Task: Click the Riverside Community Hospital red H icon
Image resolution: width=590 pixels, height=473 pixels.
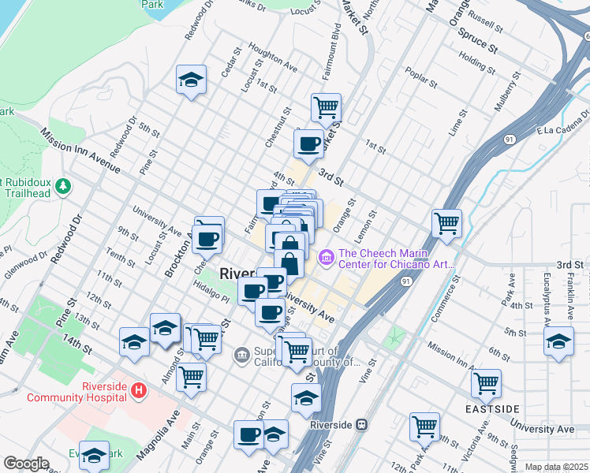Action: point(139,389)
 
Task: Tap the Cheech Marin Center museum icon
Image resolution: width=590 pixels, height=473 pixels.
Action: point(325,258)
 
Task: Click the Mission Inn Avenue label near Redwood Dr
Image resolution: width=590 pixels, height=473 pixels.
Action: point(81,151)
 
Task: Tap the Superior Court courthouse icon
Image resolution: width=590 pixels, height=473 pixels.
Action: point(241,357)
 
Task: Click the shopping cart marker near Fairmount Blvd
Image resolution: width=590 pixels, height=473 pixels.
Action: point(326,106)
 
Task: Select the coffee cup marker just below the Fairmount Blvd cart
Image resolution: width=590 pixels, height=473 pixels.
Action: point(308,143)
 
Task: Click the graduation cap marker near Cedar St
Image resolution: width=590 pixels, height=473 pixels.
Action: point(190,80)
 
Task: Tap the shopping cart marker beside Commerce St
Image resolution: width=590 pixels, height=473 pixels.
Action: point(446,223)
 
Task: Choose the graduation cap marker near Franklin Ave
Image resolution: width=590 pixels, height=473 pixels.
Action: point(558,341)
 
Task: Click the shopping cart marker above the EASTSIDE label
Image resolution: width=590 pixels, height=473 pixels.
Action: point(486,384)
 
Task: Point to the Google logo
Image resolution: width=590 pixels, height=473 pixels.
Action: point(26,464)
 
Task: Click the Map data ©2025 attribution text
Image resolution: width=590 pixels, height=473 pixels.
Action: point(556,467)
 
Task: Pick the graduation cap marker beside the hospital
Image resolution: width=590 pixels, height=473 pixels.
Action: point(134,342)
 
